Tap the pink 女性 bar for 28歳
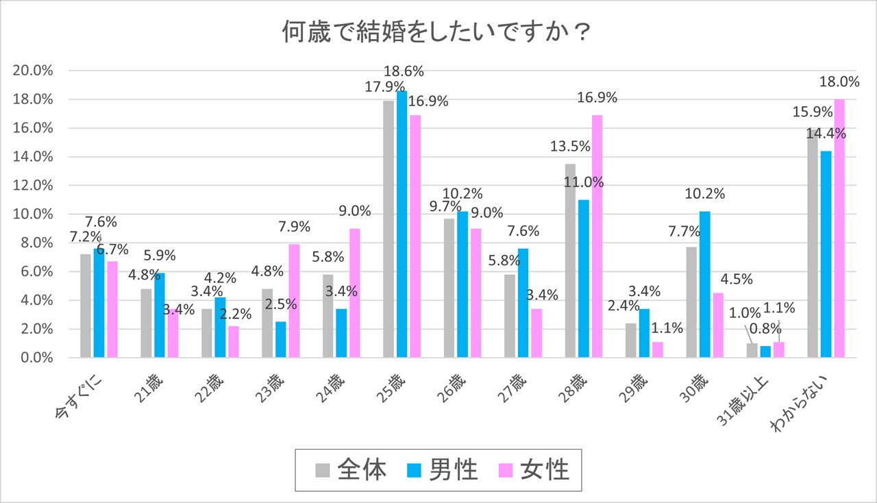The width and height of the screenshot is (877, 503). pos(598,236)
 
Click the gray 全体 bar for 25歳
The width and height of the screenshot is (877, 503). pos(388,229)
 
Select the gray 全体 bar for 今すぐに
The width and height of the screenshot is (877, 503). pos(86,306)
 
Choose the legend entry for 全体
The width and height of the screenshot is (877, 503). pos(351,470)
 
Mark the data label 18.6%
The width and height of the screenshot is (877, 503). pos(404,71)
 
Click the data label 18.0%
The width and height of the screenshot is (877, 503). pos(839,82)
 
